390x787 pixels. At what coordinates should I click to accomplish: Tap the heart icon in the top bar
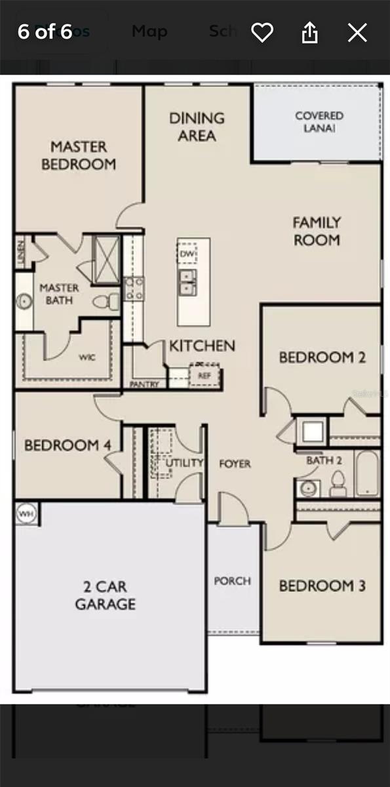coord(262,32)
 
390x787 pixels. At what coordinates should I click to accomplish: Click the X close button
coord(357,32)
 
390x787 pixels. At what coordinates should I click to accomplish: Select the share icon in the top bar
coord(309,32)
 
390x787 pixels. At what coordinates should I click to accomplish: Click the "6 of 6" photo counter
coord(45,32)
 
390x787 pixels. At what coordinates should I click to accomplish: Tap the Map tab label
coord(149,31)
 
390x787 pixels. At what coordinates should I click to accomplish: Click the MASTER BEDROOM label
coord(79,155)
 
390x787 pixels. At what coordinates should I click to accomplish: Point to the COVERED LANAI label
coord(319,122)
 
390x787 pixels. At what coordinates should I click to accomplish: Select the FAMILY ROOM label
coord(317,232)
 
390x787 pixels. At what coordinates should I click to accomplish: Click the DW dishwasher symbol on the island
coord(187,254)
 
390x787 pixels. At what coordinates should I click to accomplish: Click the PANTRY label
coord(145,384)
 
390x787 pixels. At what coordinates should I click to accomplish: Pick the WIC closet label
coord(87,357)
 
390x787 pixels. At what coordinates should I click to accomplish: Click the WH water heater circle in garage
coord(26,512)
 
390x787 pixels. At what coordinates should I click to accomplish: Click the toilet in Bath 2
coord(338,484)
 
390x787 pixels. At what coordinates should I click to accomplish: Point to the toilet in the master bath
coord(105,302)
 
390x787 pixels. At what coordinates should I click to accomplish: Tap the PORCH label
coord(233,581)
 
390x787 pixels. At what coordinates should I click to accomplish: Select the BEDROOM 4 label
coord(68,445)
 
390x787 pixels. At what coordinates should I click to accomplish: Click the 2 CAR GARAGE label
coord(105,595)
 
